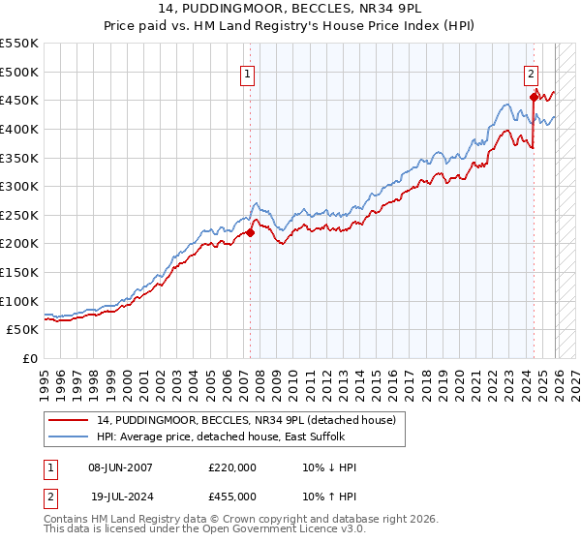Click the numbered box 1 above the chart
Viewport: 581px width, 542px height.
[248, 73]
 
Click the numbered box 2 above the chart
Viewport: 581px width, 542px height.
[532, 73]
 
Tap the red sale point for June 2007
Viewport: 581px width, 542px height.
[250, 232]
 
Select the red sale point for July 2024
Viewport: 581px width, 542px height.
[534, 97]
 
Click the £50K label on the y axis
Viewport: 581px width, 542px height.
[23, 330]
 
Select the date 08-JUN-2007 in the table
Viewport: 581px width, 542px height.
[120, 467]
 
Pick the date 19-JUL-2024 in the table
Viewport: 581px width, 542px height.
[120, 497]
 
